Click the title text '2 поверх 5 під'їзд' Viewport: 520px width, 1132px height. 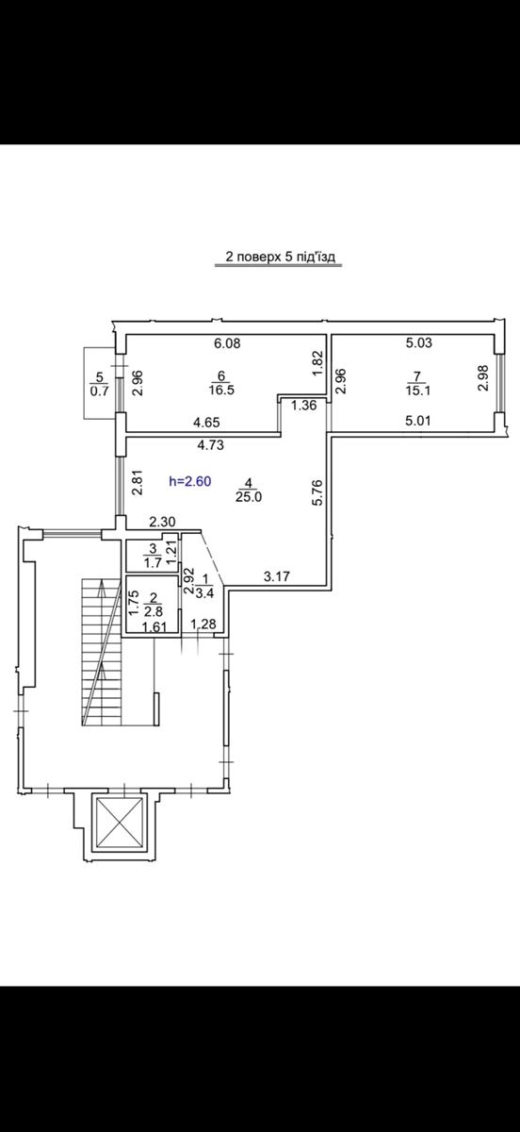click(280, 257)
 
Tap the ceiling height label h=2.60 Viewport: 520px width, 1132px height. click(190, 481)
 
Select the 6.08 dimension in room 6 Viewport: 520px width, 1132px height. click(227, 343)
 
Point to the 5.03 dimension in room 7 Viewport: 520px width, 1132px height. click(419, 342)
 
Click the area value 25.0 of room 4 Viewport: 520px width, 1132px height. click(249, 497)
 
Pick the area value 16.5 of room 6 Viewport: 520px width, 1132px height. click(221, 391)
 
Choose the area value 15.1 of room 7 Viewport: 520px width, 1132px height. click(417, 391)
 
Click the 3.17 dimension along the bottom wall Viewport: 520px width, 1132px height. click(277, 575)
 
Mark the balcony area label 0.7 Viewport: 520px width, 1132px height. click(99, 391)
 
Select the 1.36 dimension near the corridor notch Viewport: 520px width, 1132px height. click(304, 405)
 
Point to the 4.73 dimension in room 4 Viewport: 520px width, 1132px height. click(209, 445)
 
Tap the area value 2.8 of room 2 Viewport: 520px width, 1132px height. click(154, 611)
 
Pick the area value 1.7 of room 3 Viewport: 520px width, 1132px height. click(154, 562)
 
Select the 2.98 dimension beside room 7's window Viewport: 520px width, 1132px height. click(483, 377)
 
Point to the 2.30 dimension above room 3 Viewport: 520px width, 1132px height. click(163, 522)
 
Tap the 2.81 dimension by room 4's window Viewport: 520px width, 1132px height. click(138, 483)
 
